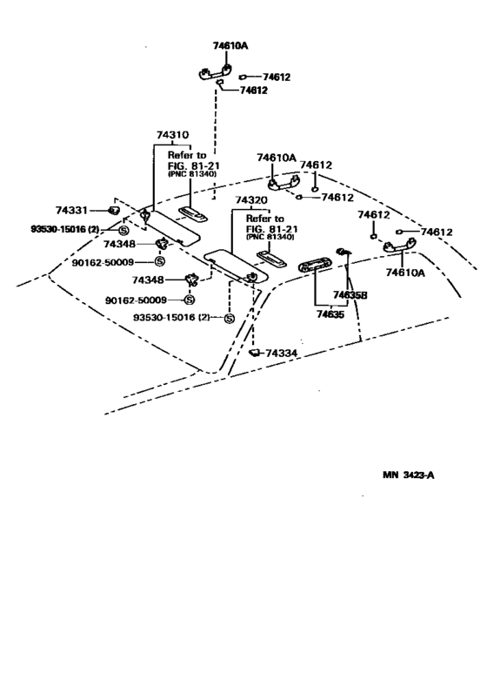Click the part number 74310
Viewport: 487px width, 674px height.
[172, 135]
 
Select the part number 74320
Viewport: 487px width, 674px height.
[250, 200]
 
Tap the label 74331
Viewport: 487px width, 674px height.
[71, 210]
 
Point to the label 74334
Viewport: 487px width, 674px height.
[281, 354]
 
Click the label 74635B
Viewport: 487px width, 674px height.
[350, 295]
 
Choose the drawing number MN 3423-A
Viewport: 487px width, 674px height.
[409, 475]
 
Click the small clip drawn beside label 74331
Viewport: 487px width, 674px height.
[113, 211]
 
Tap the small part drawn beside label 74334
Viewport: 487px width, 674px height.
[255, 354]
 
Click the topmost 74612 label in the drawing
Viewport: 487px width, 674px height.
[277, 77]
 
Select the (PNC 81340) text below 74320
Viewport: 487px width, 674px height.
[270, 237]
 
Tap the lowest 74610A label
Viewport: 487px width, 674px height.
[405, 273]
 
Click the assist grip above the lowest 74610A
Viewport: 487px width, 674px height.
[400, 246]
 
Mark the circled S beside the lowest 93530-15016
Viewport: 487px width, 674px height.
[230, 318]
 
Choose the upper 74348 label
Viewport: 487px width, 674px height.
[119, 244]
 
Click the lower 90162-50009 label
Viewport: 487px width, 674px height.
[136, 300]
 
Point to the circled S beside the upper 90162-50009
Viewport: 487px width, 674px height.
[160, 261]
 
